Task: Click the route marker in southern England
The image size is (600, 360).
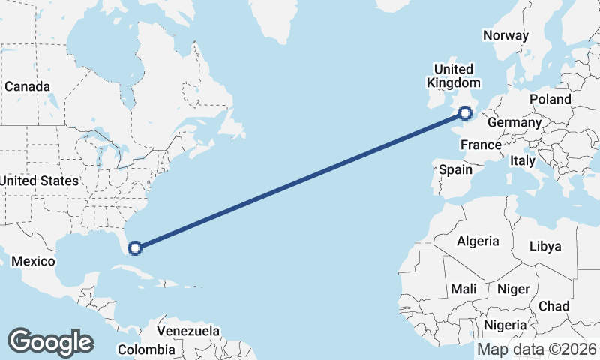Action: (x=465, y=113)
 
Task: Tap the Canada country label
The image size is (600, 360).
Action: (x=27, y=86)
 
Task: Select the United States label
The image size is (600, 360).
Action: (x=39, y=181)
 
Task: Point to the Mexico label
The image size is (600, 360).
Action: (x=33, y=261)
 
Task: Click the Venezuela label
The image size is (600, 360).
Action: (x=188, y=330)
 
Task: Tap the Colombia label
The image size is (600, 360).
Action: (x=147, y=349)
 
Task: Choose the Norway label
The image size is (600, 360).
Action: (x=506, y=35)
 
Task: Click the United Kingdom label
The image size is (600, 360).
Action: (x=454, y=76)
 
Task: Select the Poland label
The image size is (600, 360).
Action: (x=550, y=99)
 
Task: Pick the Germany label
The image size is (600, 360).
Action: (x=514, y=122)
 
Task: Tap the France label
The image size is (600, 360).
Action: (x=481, y=145)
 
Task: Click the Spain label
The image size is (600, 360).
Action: (x=455, y=169)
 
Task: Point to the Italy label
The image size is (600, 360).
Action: (x=523, y=160)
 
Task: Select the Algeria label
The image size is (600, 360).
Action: (x=478, y=241)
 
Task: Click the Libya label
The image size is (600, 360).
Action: (x=545, y=246)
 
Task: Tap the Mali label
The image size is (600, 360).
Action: (x=463, y=289)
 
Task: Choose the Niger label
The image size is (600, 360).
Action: (x=514, y=289)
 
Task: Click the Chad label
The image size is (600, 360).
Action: (x=553, y=306)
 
